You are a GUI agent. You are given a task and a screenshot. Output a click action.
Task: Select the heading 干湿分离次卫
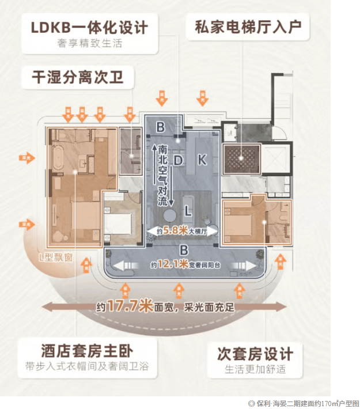(73, 77)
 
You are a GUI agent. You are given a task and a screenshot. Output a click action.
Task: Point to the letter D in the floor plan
(179, 159)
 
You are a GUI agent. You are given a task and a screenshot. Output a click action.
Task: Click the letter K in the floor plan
(202, 160)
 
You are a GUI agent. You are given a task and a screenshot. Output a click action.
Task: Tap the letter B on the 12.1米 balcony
(183, 250)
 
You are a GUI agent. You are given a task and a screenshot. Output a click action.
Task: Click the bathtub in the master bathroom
(58, 156)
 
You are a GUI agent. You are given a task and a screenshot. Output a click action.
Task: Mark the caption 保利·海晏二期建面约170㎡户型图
(304, 403)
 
